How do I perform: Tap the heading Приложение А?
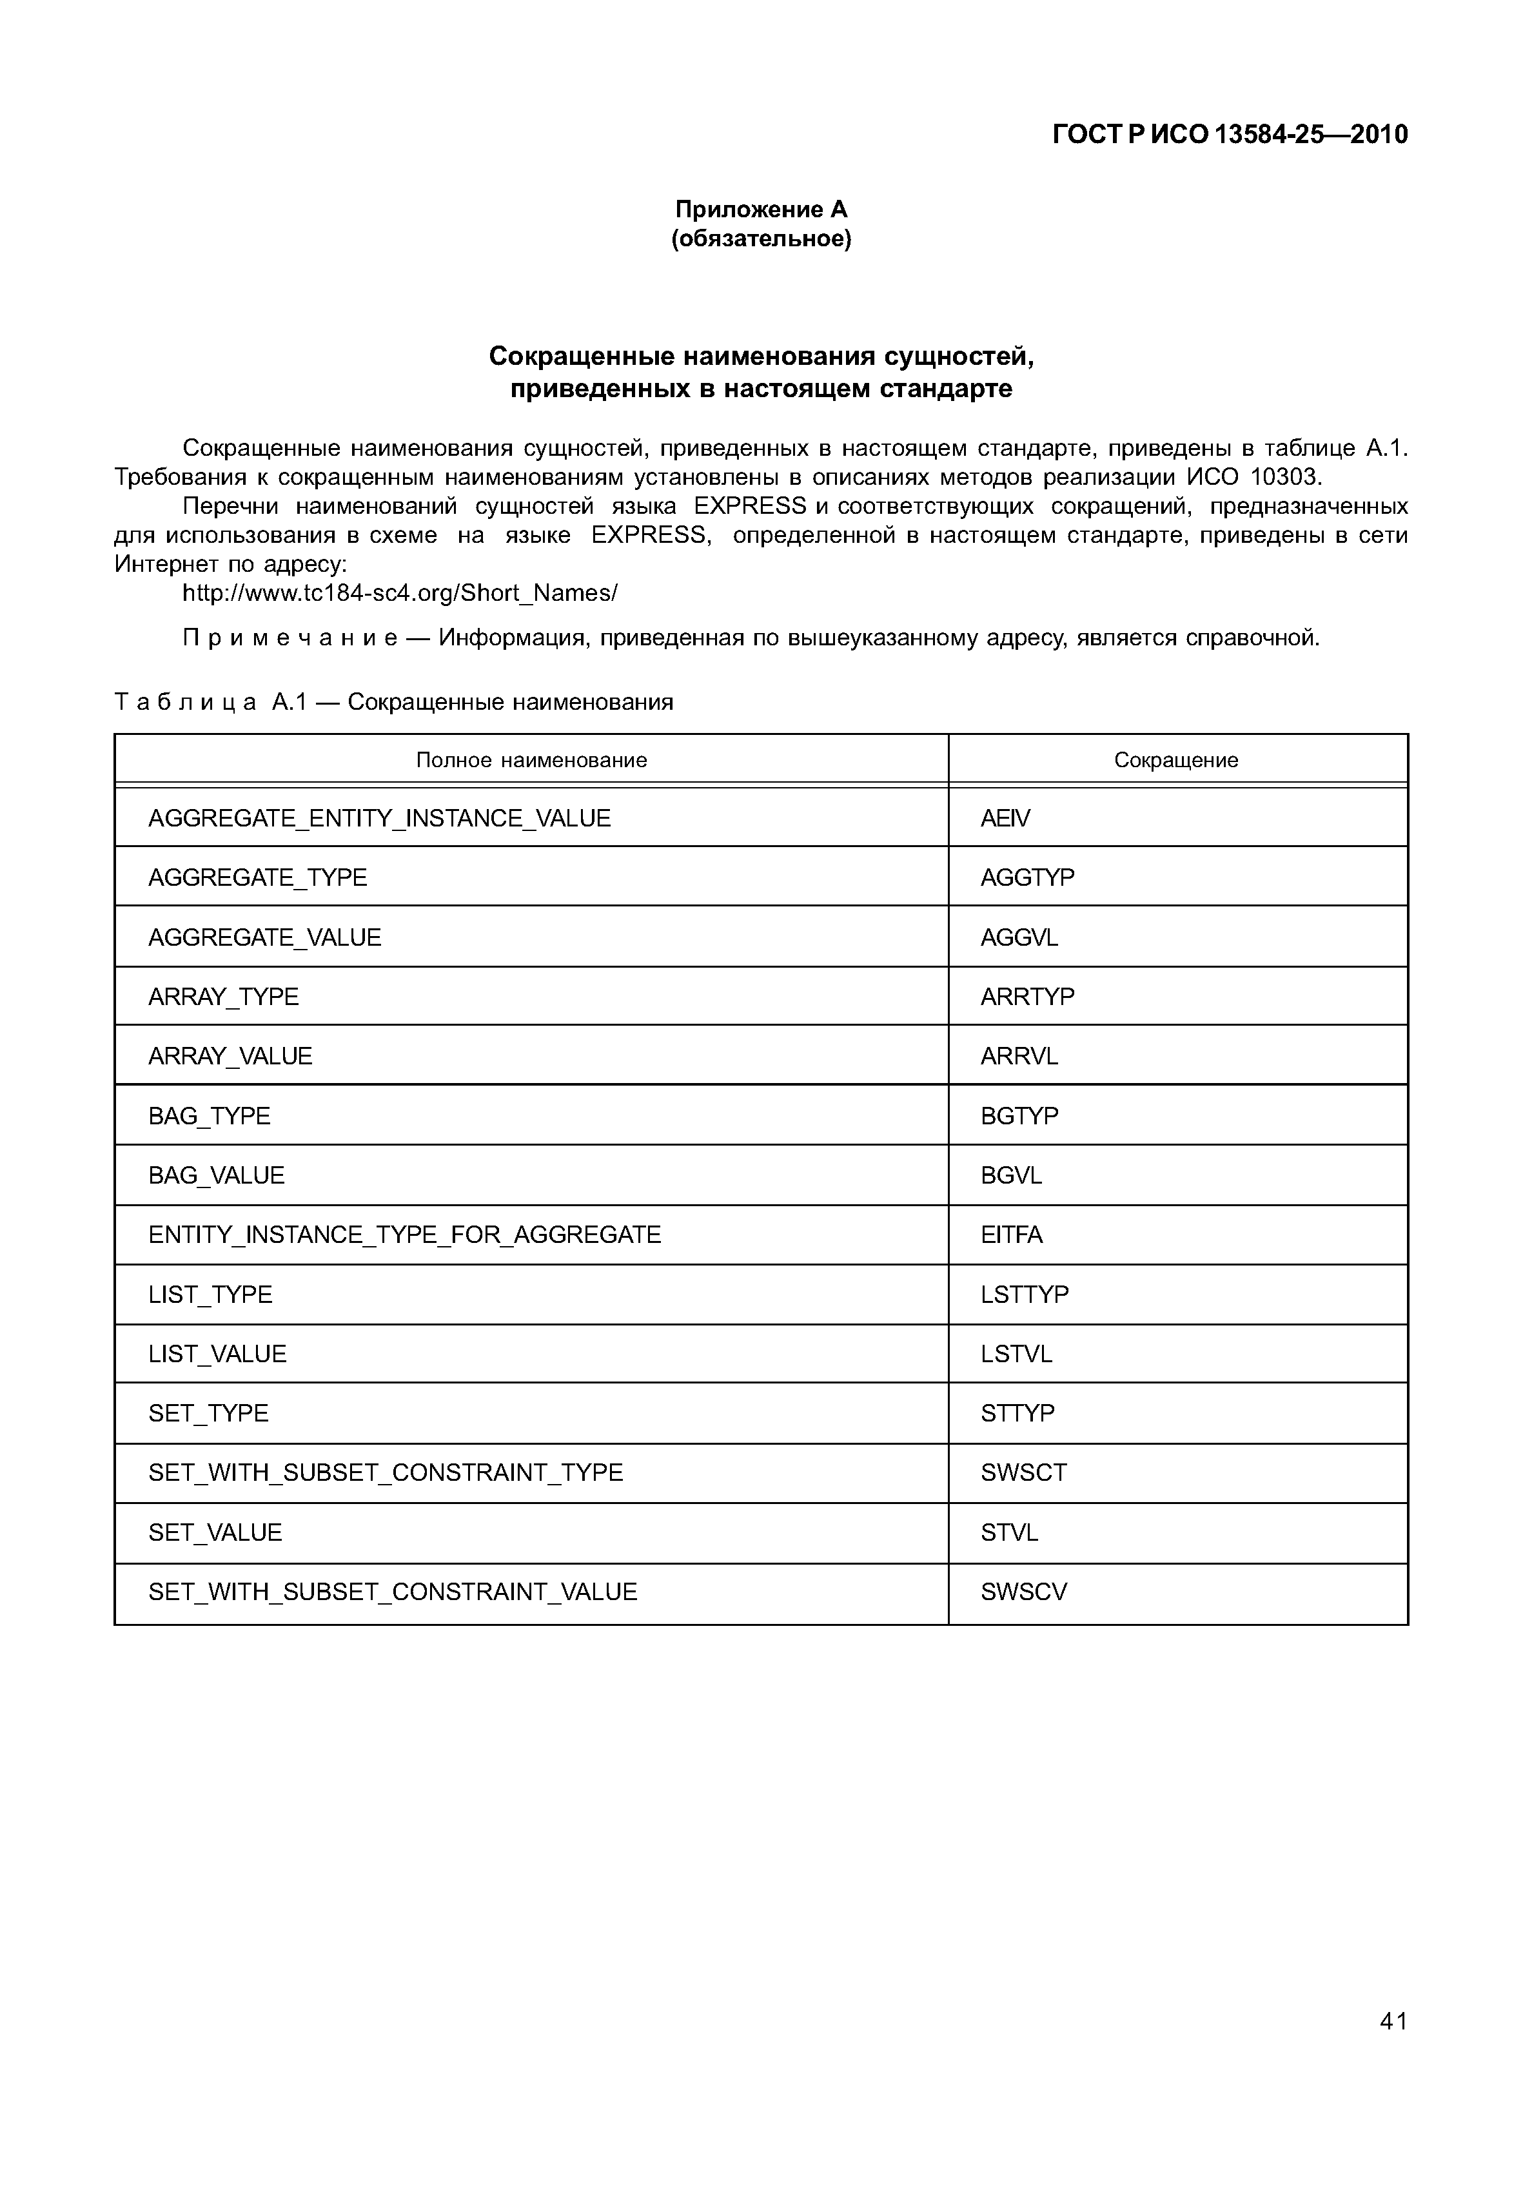tap(761, 209)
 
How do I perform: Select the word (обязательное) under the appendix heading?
tap(761, 239)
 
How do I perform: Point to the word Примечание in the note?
tap(290, 638)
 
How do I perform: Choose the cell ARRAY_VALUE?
tap(230, 1055)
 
